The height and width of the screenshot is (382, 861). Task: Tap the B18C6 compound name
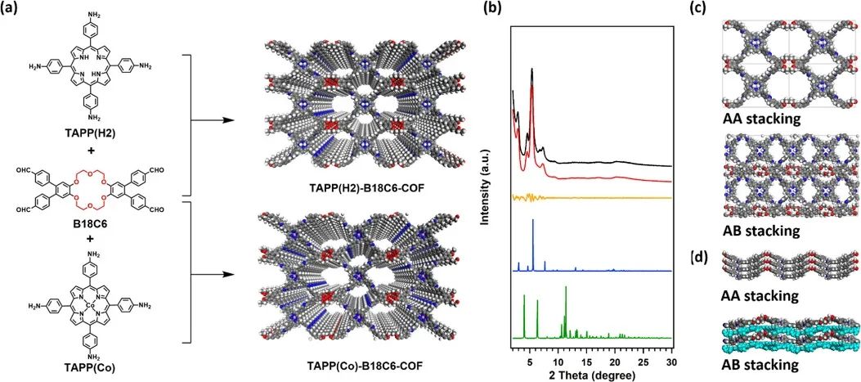87,231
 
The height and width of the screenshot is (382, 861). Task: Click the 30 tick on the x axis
670,353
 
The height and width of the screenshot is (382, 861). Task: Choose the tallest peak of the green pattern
565,288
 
